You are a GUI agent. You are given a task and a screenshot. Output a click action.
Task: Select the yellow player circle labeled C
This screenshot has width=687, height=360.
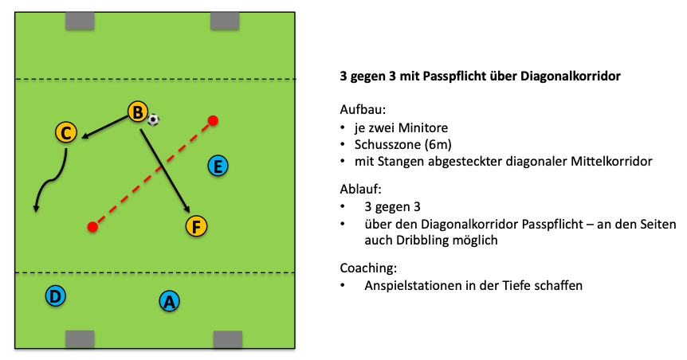tap(66, 132)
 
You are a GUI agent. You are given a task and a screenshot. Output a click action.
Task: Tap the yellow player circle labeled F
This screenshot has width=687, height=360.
tap(196, 226)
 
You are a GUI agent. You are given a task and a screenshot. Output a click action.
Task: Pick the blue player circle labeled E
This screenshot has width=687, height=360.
tap(218, 166)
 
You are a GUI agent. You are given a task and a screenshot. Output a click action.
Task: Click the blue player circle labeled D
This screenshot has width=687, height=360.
tap(55, 296)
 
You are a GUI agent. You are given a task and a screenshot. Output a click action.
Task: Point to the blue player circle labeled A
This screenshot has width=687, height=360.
tap(168, 301)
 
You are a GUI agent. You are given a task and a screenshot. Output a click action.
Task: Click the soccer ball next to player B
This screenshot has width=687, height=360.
tap(154, 119)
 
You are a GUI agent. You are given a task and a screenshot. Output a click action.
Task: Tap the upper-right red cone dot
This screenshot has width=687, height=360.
tap(213, 121)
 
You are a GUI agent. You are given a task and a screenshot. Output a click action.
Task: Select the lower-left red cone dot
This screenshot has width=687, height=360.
tap(92, 228)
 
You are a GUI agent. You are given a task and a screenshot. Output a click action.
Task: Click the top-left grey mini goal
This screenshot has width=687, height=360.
tap(79, 21)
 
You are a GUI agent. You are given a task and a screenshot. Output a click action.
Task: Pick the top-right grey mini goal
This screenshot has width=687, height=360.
tap(225, 21)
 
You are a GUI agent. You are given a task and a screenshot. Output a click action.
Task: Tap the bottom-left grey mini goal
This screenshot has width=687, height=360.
tap(79, 339)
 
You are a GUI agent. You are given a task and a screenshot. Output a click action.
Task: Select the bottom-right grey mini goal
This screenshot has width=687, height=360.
tap(227, 339)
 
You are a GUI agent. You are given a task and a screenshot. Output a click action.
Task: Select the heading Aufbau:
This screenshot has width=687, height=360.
tap(363, 110)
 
